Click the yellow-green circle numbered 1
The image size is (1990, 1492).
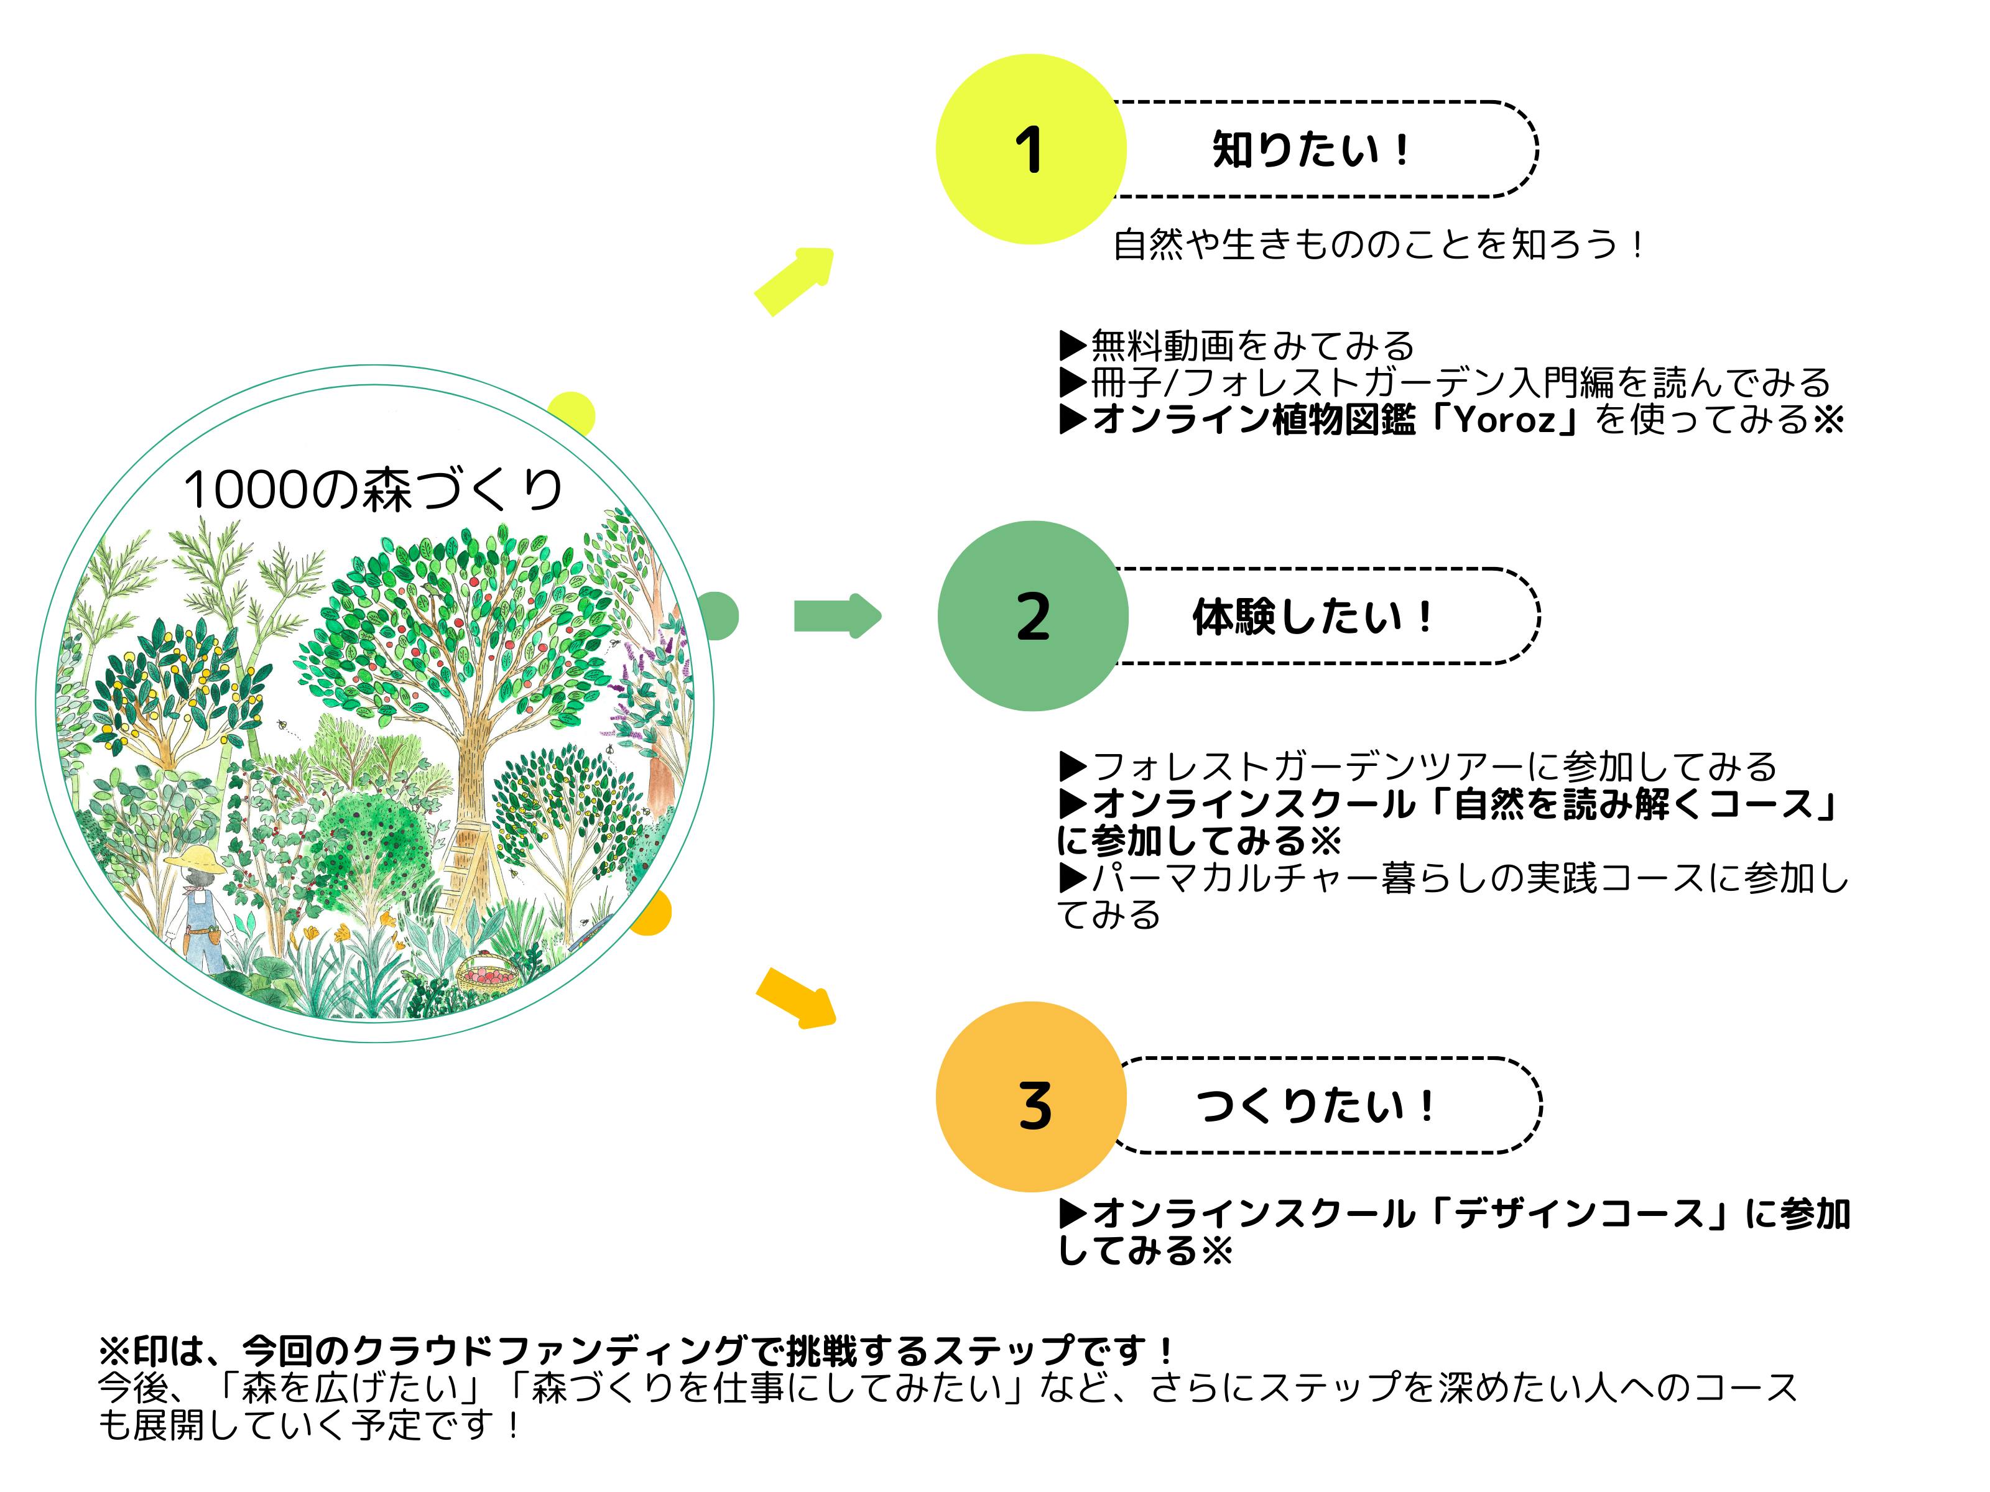(1030, 149)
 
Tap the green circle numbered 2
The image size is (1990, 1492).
(1032, 616)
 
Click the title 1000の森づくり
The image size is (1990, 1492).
(373, 490)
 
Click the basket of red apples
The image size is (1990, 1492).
(489, 974)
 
